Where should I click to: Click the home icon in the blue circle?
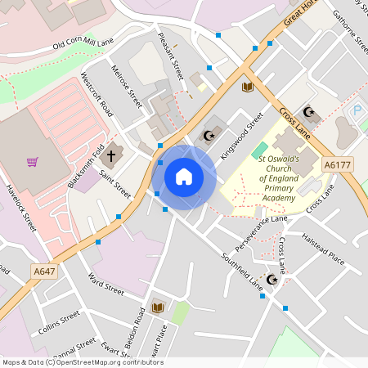coord(184,176)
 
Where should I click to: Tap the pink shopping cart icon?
coord(33,161)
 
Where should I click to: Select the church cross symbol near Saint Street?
coord(111,154)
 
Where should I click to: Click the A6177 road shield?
coord(336,164)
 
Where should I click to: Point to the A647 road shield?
coord(45,271)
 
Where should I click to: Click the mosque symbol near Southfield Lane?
coord(272,280)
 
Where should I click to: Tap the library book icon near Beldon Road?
coord(158,307)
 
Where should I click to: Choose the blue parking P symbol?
coord(356,110)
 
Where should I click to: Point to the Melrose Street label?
coord(127,87)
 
